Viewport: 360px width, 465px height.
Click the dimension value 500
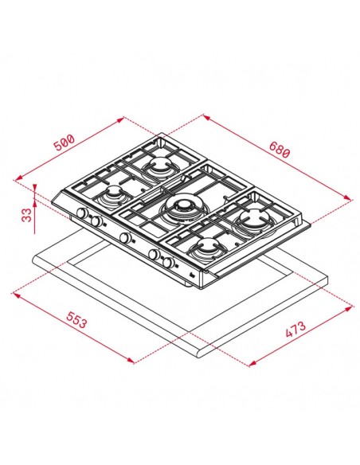coord(65,143)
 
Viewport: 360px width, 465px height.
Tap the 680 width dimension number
coord(279,150)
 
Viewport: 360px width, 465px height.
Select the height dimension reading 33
coord(26,215)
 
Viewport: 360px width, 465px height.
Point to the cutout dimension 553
coord(76,320)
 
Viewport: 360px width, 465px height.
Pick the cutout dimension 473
coord(295,329)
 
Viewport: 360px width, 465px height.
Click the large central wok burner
coord(182,208)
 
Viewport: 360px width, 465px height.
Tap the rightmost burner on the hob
coord(253,220)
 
